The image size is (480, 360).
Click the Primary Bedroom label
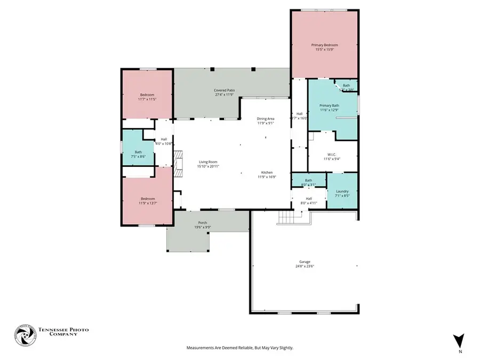pos(324,45)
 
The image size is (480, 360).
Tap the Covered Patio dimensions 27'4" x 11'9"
pos(225,95)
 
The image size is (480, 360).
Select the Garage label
pos(305,261)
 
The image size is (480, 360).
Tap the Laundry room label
pos(342,191)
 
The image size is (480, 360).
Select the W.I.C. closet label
pos(332,155)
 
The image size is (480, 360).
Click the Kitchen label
pos(267,172)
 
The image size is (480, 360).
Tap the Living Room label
pos(208,162)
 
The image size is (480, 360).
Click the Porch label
pos(203,222)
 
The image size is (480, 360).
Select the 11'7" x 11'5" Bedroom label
pos(147,95)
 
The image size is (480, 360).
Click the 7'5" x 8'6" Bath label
pos(138,152)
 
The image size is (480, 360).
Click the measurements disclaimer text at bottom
pos(239,348)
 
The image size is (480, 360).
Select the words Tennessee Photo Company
pos(63,332)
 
